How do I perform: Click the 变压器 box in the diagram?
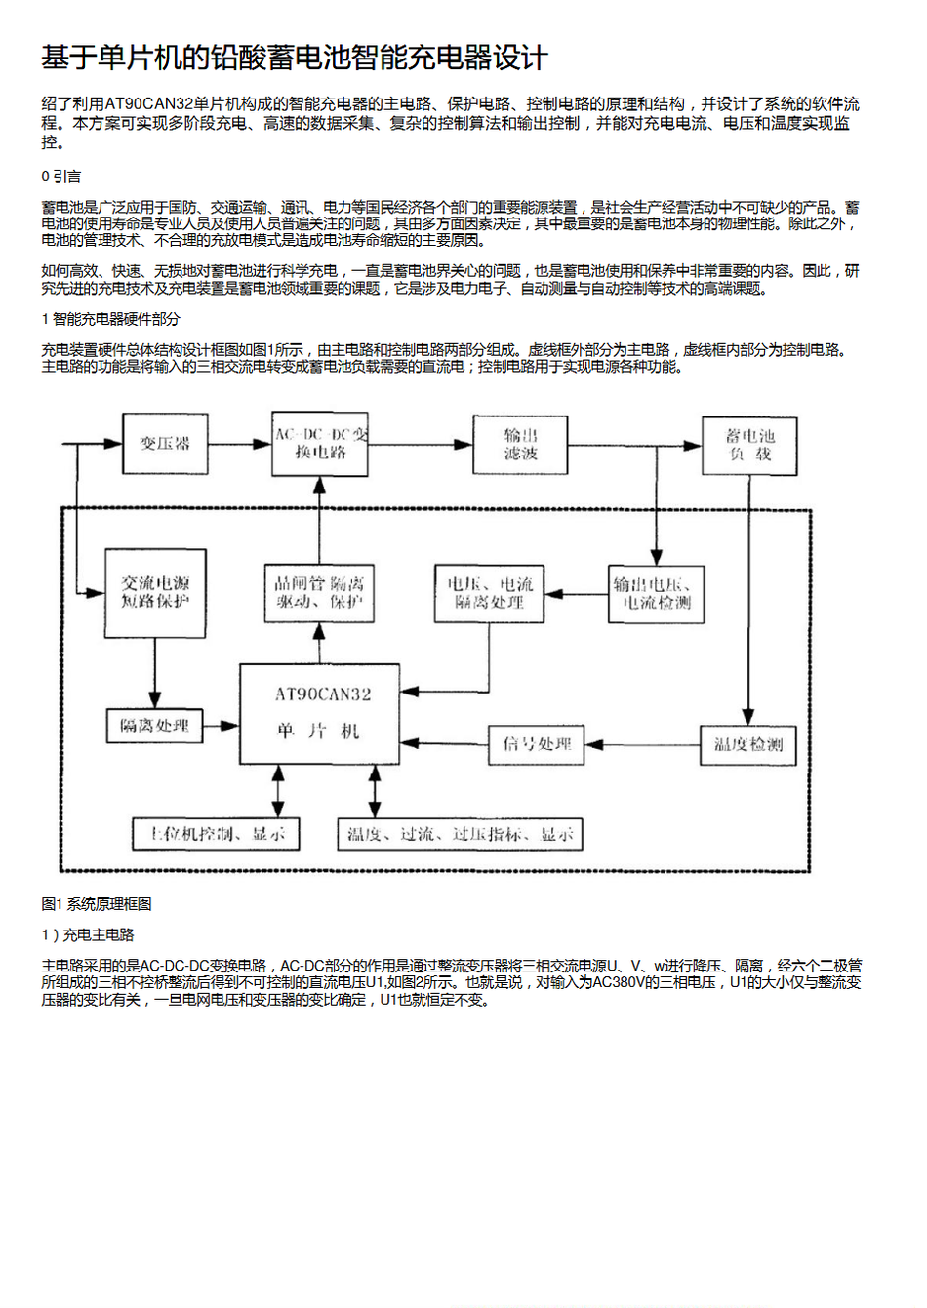165,444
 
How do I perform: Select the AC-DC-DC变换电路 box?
320,444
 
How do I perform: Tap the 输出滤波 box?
520,445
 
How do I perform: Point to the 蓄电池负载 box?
749,446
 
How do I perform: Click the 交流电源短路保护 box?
155,593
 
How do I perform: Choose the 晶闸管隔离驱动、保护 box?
319,593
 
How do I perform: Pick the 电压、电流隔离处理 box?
489,593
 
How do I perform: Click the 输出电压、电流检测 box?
656,593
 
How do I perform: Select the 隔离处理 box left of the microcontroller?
154,726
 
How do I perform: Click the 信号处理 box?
537,744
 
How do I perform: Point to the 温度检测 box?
748,744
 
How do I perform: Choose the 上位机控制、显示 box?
216,834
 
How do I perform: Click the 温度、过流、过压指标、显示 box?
460,834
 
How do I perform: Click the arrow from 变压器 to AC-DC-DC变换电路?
239,444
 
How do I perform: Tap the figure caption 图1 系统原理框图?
97,904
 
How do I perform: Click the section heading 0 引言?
61,177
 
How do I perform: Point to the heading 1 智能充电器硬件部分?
110,319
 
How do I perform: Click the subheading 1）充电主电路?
88,935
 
